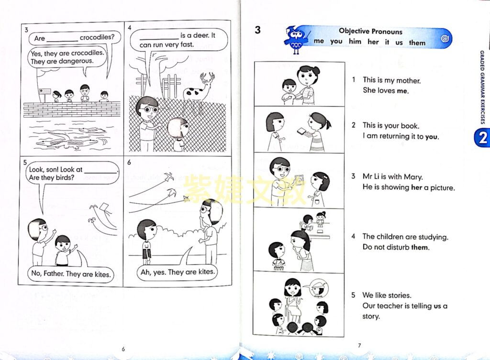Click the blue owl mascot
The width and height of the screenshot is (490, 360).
click(x=295, y=40)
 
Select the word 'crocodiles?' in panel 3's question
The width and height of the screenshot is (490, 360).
click(x=97, y=37)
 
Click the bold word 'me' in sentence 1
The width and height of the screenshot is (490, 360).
click(x=402, y=91)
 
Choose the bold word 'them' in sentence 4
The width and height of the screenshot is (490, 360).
click(x=420, y=247)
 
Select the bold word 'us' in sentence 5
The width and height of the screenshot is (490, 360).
click(x=437, y=306)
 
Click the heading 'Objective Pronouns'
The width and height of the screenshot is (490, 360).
click(x=371, y=31)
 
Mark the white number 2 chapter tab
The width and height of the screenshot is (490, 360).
click(x=482, y=137)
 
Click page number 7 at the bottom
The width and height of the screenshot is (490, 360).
click(x=359, y=345)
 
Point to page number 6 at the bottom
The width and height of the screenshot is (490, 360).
click(x=123, y=349)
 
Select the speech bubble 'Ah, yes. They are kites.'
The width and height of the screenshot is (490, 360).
click(x=177, y=272)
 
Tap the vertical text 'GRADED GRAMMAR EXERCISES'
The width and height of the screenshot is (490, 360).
click(x=482, y=87)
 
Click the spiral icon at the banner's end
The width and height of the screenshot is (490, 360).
click(x=445, y=39)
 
